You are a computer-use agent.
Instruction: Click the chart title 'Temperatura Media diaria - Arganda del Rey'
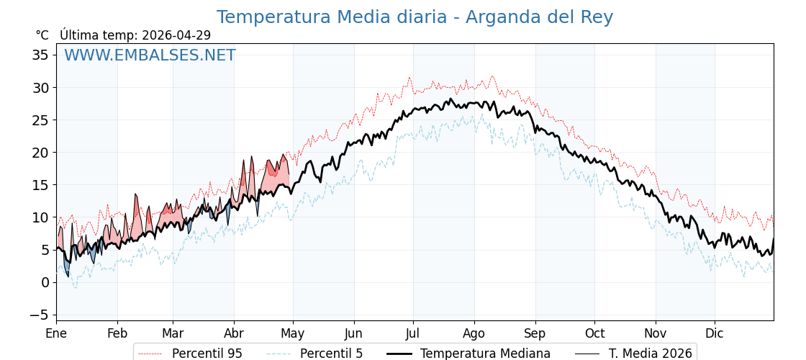tap(415, 17)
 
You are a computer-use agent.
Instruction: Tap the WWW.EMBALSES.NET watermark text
tap(150, 55)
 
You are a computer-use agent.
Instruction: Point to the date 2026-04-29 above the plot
tap(176, 35)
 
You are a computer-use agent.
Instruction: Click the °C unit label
tap(42, 35)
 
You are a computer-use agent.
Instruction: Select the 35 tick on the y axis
tap(40, 55)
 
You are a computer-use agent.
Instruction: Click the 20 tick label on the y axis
tap(40, 153)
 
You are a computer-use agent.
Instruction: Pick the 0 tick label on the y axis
tap(45, 282)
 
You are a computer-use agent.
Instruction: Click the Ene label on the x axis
tap(56, 333)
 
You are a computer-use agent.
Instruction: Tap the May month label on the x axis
tap(293, 333)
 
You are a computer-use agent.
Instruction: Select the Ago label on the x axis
tap(474, 333)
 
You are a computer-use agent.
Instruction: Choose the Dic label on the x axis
tap(715, 333)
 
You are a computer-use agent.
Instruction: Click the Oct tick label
tap(594, 333)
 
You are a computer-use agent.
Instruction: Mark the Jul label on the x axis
tap(413, 333)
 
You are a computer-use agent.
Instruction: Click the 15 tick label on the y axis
tap(40, 185)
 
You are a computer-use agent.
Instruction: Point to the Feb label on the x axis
tap(117, 333)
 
